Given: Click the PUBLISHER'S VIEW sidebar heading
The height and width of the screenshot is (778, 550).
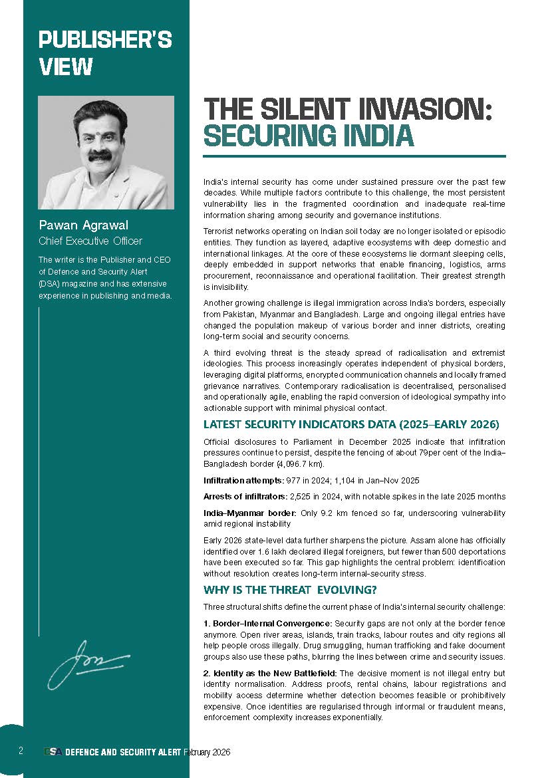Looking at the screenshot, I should point(105,53).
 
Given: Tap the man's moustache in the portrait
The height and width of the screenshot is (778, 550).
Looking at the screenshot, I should point(100,155).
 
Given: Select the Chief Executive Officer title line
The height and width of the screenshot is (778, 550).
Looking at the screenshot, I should point(90,241).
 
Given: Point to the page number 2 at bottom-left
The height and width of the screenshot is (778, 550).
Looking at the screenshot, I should point(21,751).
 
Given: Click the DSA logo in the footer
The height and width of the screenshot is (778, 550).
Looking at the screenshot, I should point(53,751).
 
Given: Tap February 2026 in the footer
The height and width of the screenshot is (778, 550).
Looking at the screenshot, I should point(207,751).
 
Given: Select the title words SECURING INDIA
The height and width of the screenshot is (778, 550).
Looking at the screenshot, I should point(309,135).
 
